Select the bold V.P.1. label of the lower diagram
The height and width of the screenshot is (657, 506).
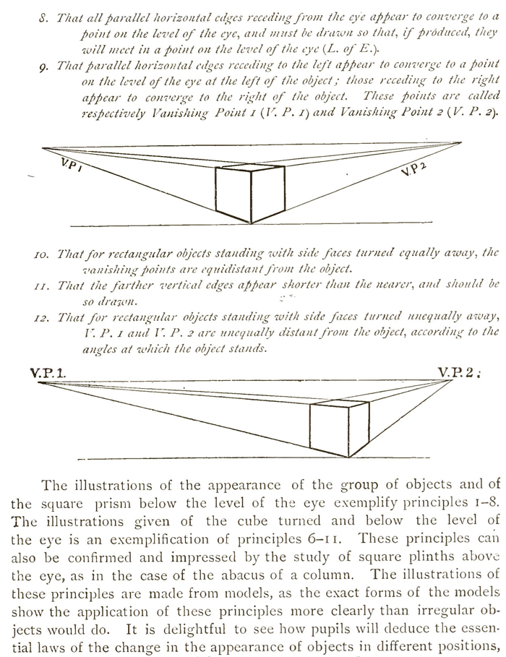click(48, 374)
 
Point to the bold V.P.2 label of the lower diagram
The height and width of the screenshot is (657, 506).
click(458, 374)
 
